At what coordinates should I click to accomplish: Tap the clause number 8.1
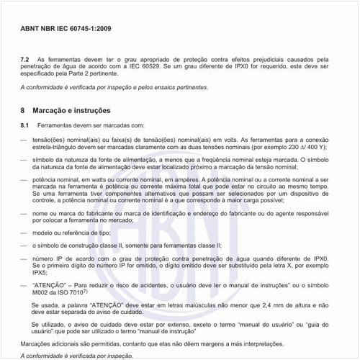coord(24,126)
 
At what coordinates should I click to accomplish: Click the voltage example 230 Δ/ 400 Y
coord(303,146)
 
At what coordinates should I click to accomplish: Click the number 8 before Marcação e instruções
coord(23,111)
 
